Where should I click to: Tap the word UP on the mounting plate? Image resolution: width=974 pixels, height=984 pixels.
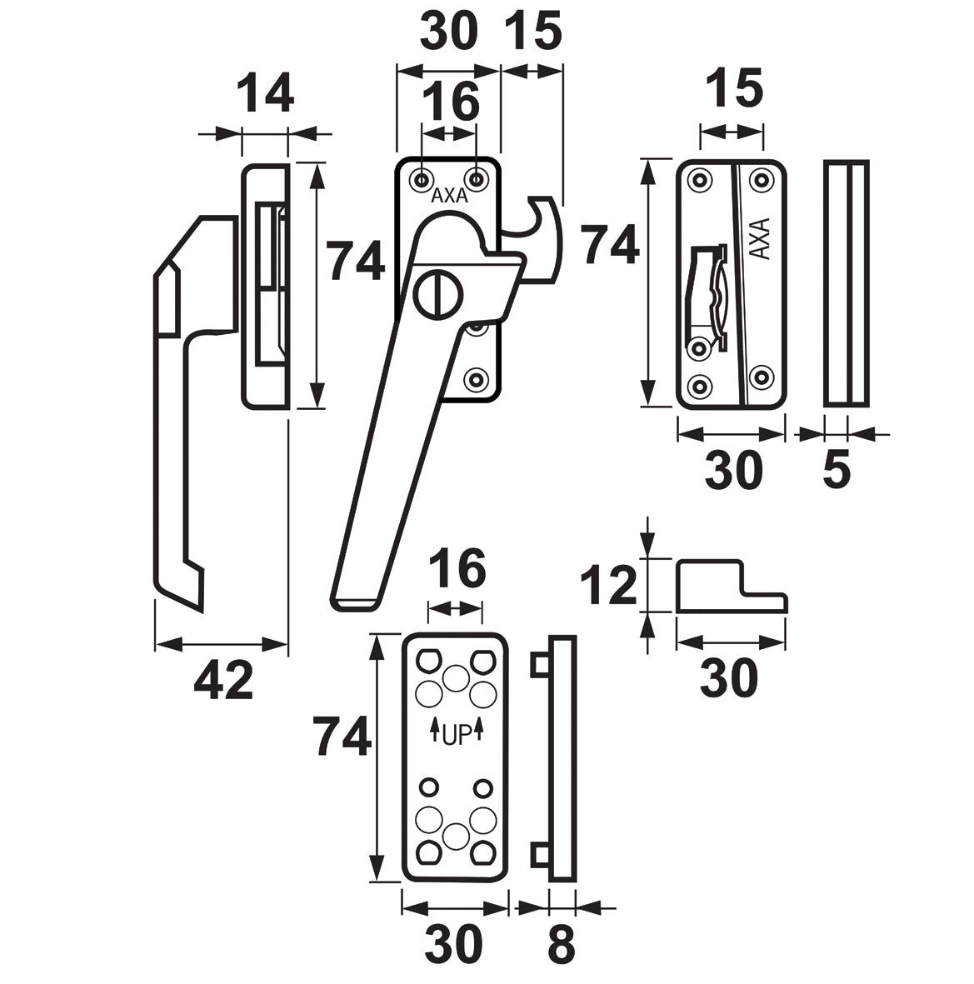click(457, 734)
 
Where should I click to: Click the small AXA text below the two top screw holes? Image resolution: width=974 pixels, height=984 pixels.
click(449, 197)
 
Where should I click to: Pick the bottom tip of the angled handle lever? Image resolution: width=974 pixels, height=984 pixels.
click(358, 602)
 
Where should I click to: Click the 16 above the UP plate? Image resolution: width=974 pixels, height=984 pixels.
click(456, 570)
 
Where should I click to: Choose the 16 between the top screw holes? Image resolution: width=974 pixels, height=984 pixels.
click(450, 102)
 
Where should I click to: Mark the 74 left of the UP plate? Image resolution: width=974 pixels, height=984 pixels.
click(342, 737)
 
